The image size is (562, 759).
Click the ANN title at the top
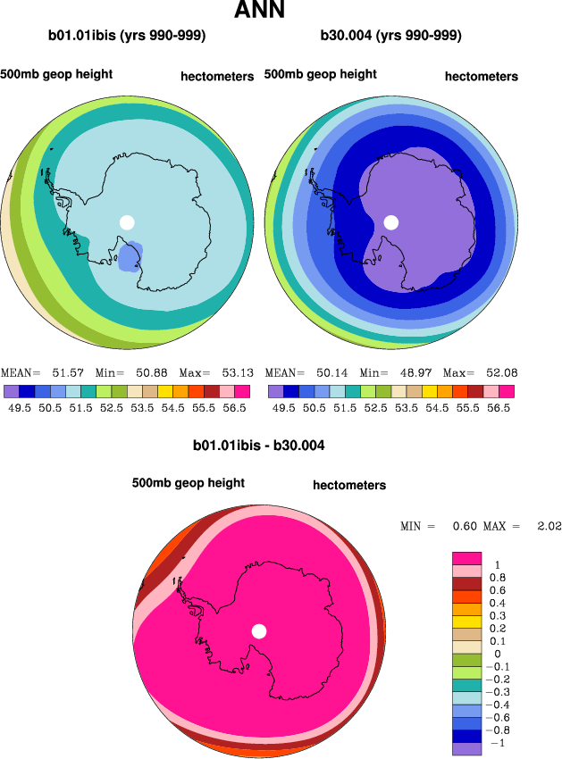click(x=259, y=12)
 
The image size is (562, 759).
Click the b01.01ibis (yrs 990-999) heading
click(x=127, y=37)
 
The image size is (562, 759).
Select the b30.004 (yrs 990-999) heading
click(x=390, y=37)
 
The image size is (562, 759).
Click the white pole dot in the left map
click(x=127, y=222)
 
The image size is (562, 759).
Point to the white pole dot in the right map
click(x=390, y=222)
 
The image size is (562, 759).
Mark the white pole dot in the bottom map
click(x=259, y=631)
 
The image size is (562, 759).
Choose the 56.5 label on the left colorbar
click(x=234, y=406)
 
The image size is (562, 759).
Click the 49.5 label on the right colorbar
click(x=283, y=406)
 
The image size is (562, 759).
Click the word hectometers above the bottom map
click(x=349, y=486)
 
